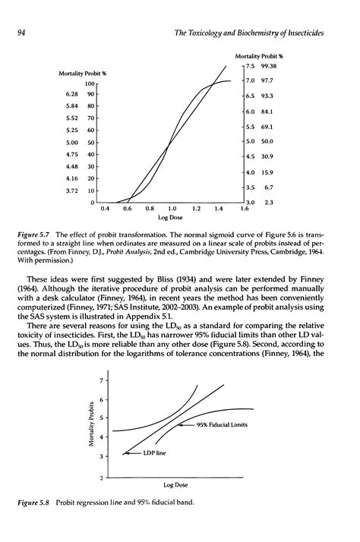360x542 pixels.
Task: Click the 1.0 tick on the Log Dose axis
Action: [x=172, y=208]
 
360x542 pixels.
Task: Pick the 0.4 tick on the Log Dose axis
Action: [x=103, y=208]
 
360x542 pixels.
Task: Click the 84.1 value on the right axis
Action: [x=267, y=111]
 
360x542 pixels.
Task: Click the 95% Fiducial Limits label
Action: [x=223, y=425]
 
